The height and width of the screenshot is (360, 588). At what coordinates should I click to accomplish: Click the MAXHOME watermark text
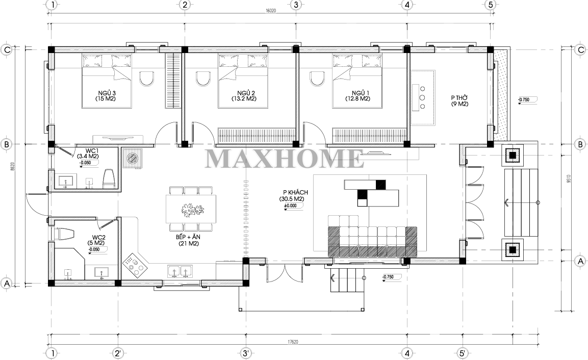pyautogui.click(x=285, y=159)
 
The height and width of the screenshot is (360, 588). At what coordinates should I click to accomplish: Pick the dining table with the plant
pyautogui.click(x=191, y=209)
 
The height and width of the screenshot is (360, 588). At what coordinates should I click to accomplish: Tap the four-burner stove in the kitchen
pyautogui.click(x=135, y=263)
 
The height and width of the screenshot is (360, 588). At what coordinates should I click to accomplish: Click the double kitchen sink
pyautogui.click(x=180, y=271)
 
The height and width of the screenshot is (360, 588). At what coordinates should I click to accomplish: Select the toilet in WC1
pyautogui.click(x=109, y=178)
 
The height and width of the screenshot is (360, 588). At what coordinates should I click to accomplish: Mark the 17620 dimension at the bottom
pyautogui.click(x=293, y=342)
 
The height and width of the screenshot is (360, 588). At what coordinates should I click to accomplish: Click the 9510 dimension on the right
pyautogui.click(x=569, y=179)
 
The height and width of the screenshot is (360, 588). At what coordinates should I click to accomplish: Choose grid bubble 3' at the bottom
pyautogui.click(x=245, y=353)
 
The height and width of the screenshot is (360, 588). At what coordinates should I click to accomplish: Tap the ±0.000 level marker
pyautogui.click(x=291, y=205)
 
